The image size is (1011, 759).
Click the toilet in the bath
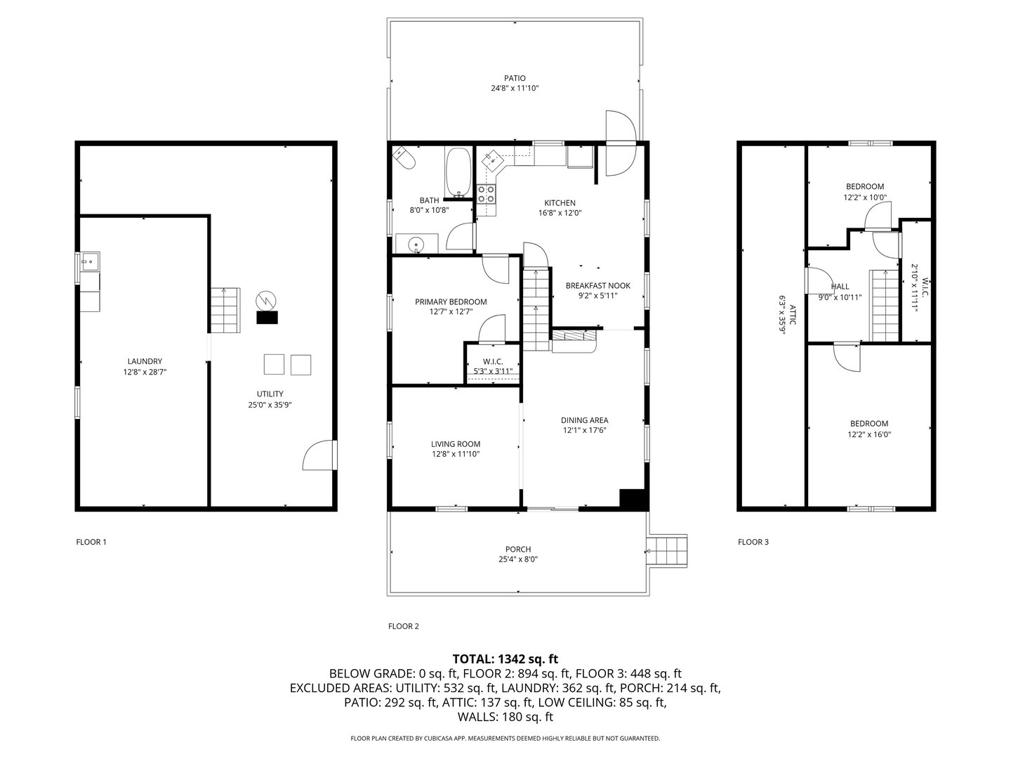tap(404, 158)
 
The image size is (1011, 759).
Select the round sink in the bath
tap(416, 245)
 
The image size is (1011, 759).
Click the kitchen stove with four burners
tap(487, 193)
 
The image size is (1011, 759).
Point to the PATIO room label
tap(514, 78)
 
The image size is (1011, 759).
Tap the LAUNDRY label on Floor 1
tap(145, 361)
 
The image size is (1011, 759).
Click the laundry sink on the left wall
tap(89, 263)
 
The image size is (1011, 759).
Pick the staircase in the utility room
tap(225, 311)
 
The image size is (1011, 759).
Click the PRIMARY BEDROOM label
tap(451, 301)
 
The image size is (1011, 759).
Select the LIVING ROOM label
tap(456, 443)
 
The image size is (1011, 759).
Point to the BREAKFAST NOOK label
tap(598, 285)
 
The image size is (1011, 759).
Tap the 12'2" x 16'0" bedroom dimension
tap(868, 434)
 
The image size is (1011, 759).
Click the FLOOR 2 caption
tap(403, 625)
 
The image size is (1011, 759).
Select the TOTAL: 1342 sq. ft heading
tap(505, 659)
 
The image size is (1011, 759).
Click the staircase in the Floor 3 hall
tap(885, 305)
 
